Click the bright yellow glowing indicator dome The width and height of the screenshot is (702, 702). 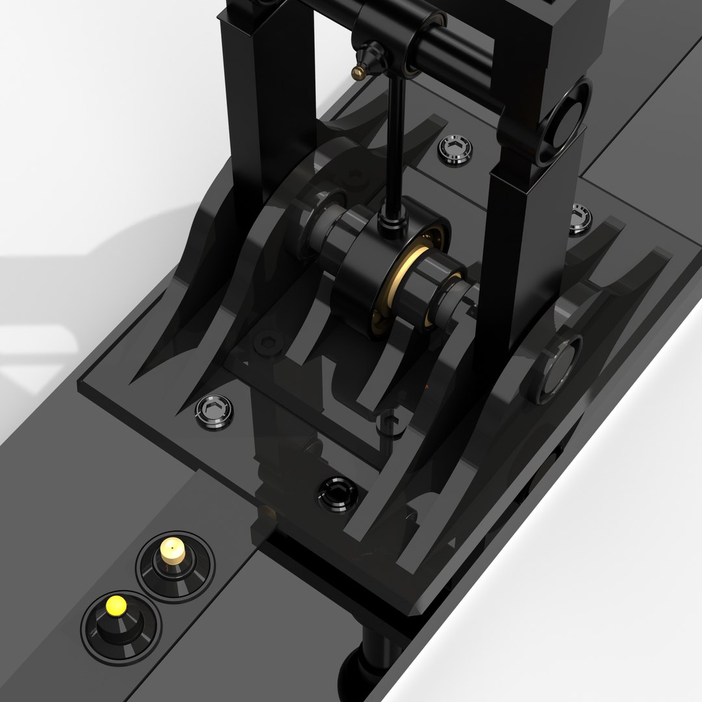pos(116,605)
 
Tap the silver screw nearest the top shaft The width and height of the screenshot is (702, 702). pos(455,150)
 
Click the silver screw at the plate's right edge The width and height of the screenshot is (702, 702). pos(580,218)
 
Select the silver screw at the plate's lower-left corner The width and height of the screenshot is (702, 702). pos(214,411)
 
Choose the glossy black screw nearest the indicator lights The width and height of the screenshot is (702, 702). pos(337,493)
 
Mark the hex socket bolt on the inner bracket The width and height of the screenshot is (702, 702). pos(266,343)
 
